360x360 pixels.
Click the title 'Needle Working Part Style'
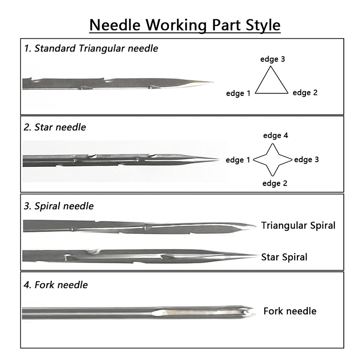point(185,25)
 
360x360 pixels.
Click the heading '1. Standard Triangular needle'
point(91,49)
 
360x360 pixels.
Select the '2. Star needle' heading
point(55,127)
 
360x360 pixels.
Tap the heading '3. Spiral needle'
point(59,206)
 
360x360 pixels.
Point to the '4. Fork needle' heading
point(56,285)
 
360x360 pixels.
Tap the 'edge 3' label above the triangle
point(273,59)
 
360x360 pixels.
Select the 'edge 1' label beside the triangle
point(238,94)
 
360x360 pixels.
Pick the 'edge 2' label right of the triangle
point(305,93)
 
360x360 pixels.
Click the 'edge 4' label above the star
point(275,135)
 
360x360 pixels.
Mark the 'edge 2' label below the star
point(275,184)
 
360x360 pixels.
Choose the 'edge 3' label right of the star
point(306,160)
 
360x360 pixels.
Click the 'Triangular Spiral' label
point(298,225)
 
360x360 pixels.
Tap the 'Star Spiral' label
point(284,257)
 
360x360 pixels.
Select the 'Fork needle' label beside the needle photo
point(290,311)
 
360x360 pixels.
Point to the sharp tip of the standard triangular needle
point(213,82)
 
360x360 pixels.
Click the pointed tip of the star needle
point(219,159)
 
